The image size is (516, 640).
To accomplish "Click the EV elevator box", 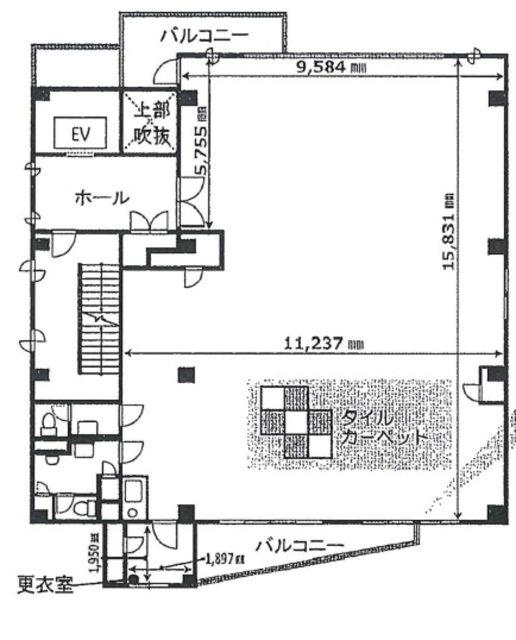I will point(81,133).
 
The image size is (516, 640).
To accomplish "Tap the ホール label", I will point(101,198).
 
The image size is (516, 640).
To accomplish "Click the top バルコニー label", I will point(205,36).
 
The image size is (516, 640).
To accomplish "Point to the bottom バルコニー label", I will point(299,546).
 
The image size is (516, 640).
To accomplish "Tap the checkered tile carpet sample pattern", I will point(296,422).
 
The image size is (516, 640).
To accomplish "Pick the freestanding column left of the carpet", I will point(186,374).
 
